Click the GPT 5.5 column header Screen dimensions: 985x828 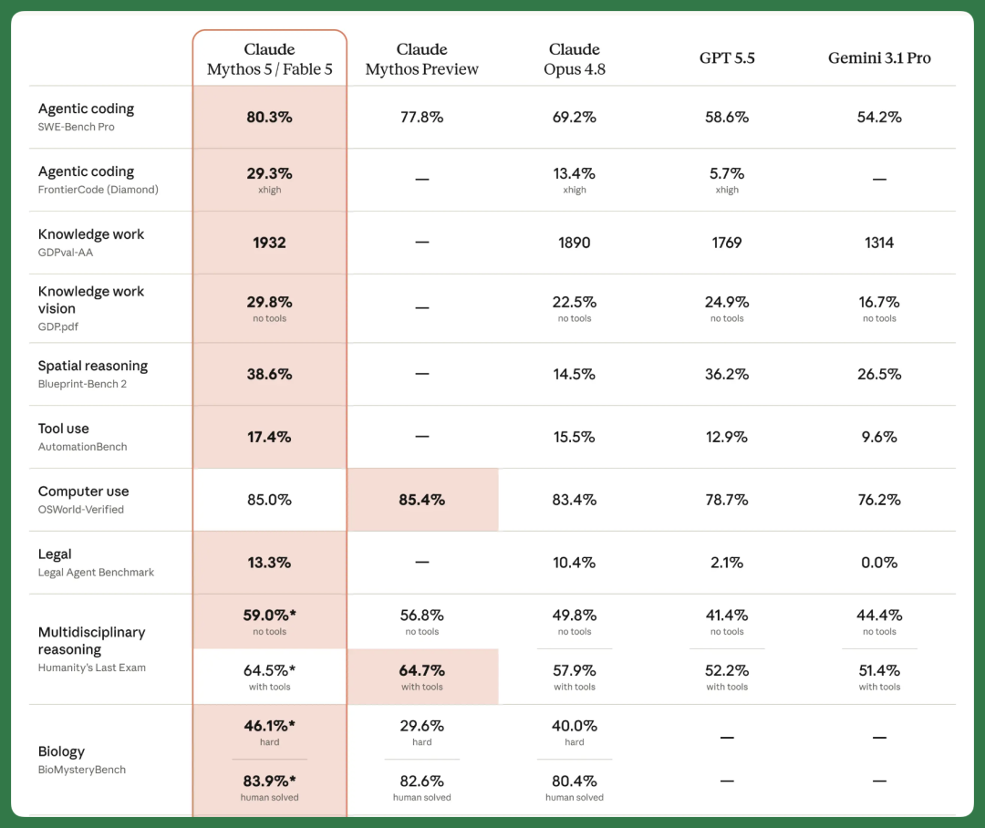(x=727, y=57)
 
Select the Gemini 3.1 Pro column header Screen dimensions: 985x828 (x=879, y=57)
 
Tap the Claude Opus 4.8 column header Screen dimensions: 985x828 (x=575, y=59)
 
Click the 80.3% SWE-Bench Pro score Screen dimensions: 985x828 (x=269, y=117)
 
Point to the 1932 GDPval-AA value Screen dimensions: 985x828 (x=269, y=243)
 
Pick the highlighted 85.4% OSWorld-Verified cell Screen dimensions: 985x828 (x=422, y=500)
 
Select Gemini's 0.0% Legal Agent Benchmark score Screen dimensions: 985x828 (x=879, y=563)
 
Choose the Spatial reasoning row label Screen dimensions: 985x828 (x=93, y=366)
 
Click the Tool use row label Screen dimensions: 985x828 (x=64, y=429)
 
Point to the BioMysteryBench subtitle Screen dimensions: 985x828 (x=82, y=770)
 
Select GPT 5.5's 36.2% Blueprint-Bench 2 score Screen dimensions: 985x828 (x=727, y=374)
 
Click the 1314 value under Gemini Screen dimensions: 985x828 (x=879, y=243)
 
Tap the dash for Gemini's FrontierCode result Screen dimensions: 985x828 (x=879, y=180)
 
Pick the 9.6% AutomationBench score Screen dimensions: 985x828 (x=879, y=437)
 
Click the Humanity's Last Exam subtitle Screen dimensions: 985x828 (x=92, y=668)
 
